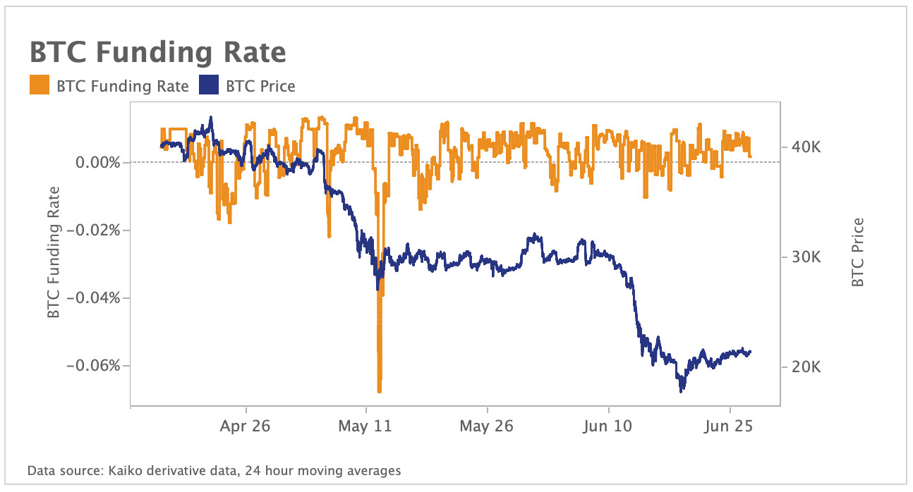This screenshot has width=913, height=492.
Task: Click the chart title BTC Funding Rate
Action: pyautogui.click(x=157, y=53)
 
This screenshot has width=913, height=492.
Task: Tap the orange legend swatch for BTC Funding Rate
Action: pyautogui.click(x=40, y=86)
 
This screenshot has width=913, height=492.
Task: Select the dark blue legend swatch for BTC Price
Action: pyautogui.click(x=209, y=86)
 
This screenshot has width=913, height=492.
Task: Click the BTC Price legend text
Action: pyautogui.click(x=260, y=87)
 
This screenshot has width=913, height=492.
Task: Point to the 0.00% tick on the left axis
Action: pyautogui.click(x=98, y=163)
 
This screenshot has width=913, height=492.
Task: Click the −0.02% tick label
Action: pyautogui.click(x=93, y=230)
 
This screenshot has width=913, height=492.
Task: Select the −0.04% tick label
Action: pyautogui.click(x=93, y=298)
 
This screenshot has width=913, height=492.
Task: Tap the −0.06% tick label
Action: pyautogui.click(x=93, y=366)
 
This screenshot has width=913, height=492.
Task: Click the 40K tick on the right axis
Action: pyautogui.click(x=805, y=147)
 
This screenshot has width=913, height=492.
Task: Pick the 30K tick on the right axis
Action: pyautogui.click(x=805, y=257)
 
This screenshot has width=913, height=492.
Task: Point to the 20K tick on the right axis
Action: pyautogui.click(x=805, y=367)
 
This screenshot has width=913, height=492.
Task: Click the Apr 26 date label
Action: pyautogui.click(x=246, y=427)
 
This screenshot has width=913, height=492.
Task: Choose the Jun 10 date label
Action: pyautogui.click(x=609, y=427)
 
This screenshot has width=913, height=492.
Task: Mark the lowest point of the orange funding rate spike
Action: pyautogui.click(x=380, y=390)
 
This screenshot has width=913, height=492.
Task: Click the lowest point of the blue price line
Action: pyautogui.click(x=682, y=390)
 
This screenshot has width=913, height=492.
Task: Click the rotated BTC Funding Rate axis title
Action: pyautogui.click(x=54, y=252)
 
